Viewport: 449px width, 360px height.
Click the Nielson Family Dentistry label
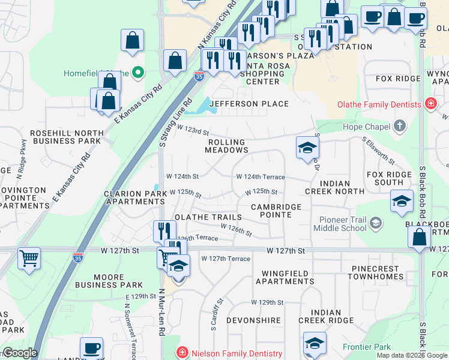click(x=235, y=353)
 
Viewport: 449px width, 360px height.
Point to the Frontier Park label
click(x=366, y=347)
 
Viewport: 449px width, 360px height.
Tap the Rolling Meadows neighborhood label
click(x=227, y=146)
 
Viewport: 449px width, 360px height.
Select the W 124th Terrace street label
click(x=261, y=177)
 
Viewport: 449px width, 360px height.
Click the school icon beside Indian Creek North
click(x=307, y=148)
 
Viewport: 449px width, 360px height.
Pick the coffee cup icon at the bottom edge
click(x=91, y=348)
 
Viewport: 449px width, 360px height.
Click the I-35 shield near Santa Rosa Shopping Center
click(x=199, y=76)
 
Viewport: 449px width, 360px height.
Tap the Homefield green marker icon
click(x=138, y=73)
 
